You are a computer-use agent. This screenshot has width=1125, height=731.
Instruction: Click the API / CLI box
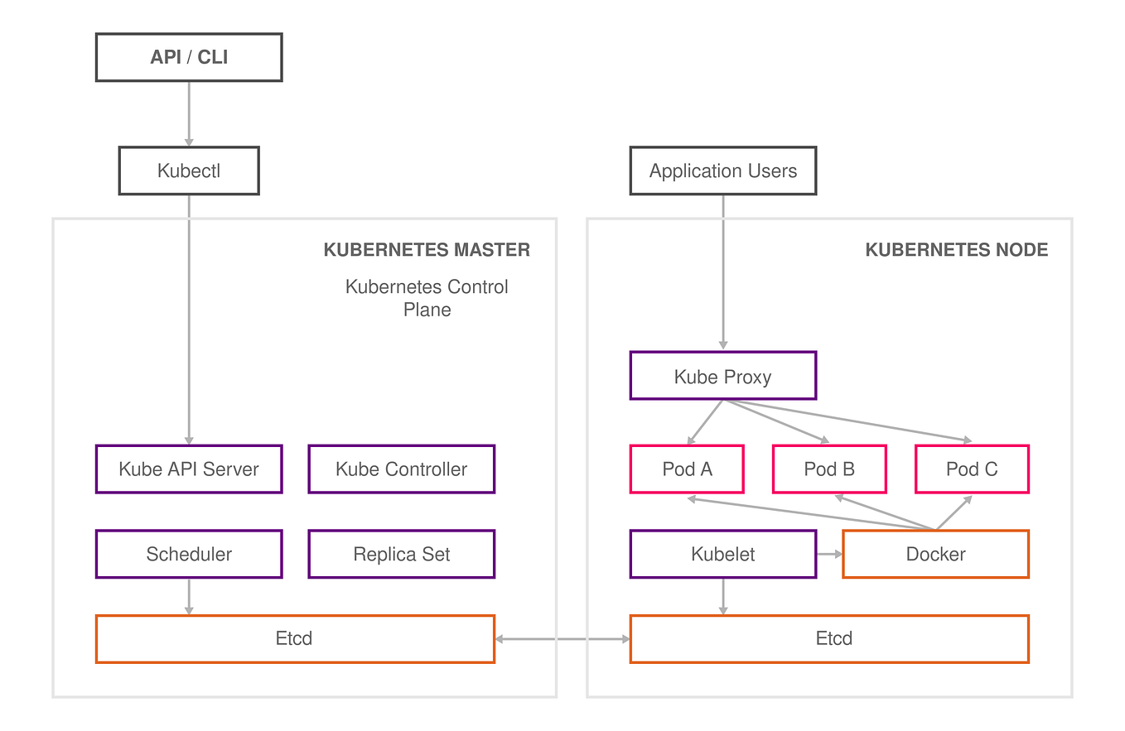(189, 57)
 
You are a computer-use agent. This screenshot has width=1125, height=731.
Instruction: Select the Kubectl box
(189, 171)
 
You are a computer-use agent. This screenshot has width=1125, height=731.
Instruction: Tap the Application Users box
(723, 171)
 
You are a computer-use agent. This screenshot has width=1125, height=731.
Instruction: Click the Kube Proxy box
(723, 377)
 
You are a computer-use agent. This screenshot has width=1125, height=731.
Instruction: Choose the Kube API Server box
(189, 469)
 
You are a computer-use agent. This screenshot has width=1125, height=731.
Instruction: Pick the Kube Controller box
(402, 469)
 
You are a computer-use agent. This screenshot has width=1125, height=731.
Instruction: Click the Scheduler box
(189, 555)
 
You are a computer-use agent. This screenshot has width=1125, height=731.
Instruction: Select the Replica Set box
(402, 555)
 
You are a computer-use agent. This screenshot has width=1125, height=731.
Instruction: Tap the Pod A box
(687, 469)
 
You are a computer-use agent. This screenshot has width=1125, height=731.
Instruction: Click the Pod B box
(829, 469)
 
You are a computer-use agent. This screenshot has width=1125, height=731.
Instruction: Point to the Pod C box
(972, 469)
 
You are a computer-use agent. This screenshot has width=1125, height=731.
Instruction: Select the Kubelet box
(723, 555)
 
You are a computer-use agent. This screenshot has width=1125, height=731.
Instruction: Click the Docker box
(936, 555)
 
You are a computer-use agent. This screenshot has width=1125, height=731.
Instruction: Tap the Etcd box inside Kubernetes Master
(295, 639)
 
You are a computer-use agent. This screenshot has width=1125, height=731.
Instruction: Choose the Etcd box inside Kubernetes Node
(829, 639)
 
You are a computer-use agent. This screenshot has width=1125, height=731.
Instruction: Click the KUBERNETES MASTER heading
(427, 250)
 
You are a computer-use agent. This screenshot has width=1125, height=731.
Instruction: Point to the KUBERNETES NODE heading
(957, 250)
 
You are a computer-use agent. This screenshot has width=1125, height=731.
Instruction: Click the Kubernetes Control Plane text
(427, 298)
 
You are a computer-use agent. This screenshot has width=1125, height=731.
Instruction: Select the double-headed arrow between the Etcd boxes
(562, 639)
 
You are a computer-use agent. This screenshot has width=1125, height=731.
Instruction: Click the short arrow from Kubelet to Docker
(829, 555)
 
